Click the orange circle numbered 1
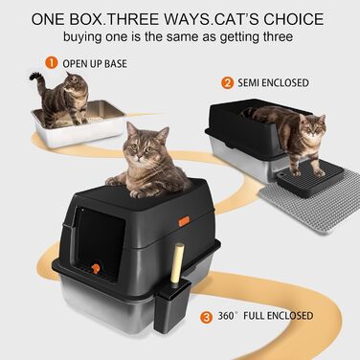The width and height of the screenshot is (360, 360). point(51,62)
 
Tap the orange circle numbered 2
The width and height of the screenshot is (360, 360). point(227,83)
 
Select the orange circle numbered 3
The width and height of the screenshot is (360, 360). point(207,317)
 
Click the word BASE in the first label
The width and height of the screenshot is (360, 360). point(116,64)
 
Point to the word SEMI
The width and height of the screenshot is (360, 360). point(248,83)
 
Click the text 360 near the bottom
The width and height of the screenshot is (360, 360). point(227,316)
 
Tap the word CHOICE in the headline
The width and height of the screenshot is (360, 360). point(294,19)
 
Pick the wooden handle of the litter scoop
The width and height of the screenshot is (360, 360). point(176,263)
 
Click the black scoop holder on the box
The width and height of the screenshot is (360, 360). point(171,306)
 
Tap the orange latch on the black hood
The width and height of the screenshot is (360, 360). point(184,221)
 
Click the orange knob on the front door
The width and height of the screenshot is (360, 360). point(96,269)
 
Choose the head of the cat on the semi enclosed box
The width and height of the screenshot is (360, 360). point(312,127)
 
